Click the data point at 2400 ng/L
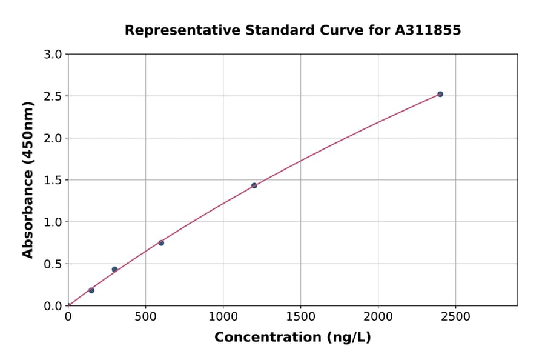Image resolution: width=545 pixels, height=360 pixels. (x=440, y=94)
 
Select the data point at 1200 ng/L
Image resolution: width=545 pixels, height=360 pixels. (x=254, y=185)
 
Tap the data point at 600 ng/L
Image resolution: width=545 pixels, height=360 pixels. (x=161, y=243)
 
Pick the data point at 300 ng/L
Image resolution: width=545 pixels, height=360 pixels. (x=114, y=269)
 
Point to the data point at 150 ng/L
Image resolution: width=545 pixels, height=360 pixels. (x=91, y=290)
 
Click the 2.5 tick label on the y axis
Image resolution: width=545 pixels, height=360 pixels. (x=53, y=96)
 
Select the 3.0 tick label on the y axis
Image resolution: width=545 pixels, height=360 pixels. (x=53, y=55)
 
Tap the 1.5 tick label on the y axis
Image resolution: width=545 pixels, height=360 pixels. (x=53, y=180)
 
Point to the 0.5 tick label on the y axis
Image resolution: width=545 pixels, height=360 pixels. (x=53, y=264)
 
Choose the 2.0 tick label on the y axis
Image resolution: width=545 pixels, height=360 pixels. (x=53, y=138)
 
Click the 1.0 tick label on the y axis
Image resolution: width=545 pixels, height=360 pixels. (x=53, y=222)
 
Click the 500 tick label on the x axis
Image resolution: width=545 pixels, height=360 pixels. (x=145, y=316)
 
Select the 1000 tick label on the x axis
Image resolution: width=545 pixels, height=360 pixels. (x=223, y=316)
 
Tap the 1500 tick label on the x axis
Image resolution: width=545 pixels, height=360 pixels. (x=301, y=316)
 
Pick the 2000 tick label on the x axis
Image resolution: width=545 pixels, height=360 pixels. (x=378, y=316)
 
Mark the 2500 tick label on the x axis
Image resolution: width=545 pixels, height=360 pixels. (x=456, y=316)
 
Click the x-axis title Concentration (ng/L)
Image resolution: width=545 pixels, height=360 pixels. (x=292, y=338)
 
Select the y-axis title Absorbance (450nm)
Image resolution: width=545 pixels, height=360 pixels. (x=28, y=179)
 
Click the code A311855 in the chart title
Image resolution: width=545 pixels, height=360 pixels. (x=428, y=30)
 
